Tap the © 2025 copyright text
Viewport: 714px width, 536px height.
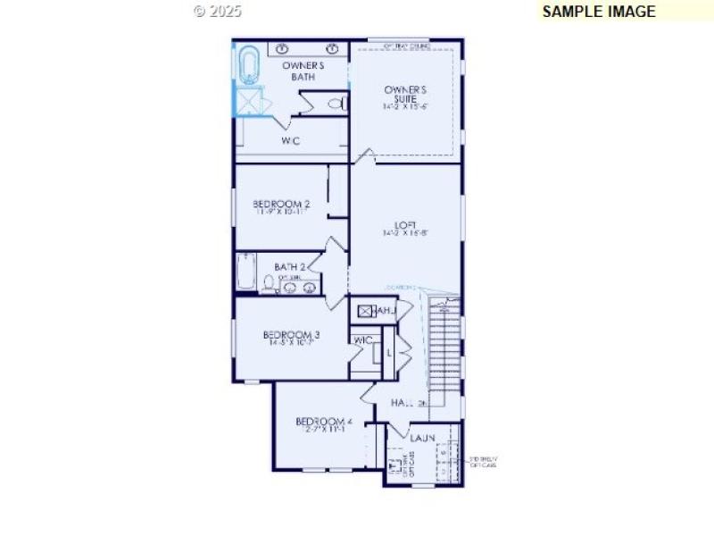(x=218, y=12)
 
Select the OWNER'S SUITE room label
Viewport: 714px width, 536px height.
(x=406, y=96)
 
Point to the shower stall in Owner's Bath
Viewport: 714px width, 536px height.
(x=249, y=100)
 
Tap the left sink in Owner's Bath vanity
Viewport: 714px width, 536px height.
(x=283, y=48)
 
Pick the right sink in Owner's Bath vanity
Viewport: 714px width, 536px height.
(x=333, y=48)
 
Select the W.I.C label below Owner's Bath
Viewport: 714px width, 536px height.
(x=291, y=141)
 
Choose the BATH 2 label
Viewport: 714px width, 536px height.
(x=290, y=266)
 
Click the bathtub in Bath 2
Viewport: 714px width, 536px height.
(x=246, y=272)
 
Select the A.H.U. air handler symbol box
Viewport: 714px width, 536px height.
(x=364, y=311)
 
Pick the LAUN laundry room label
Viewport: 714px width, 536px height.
(x=422, y=439)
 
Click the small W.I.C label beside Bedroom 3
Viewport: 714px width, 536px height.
(x=362, y=340)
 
